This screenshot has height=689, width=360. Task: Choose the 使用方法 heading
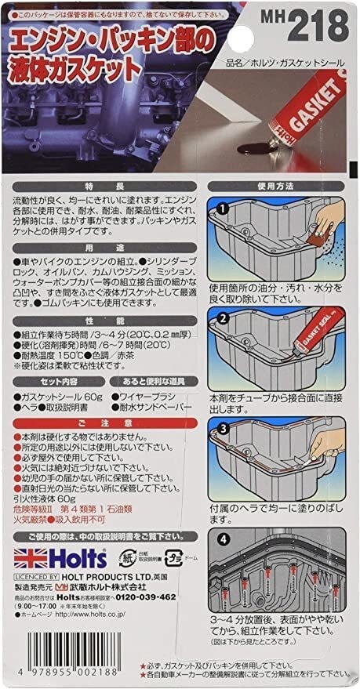(x=282, y=189)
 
